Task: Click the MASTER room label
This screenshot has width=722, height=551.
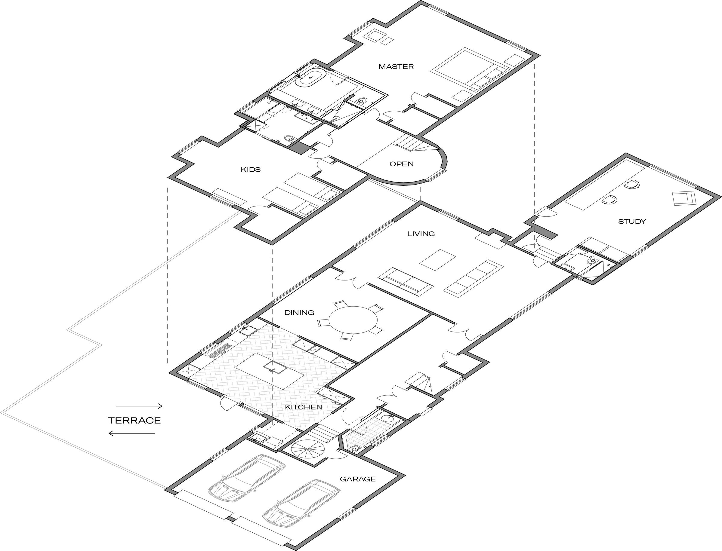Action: point(396,66)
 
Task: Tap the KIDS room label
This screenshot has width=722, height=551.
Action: point(251,170)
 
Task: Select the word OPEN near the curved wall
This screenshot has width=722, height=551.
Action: point(401,164)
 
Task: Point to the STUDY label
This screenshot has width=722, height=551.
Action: point(632,221)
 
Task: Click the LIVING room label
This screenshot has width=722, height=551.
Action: point(421,234)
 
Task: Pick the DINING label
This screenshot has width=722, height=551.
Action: point(299,313)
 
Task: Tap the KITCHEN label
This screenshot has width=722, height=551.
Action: point(304,407)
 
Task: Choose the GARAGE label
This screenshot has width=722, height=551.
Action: point(358,479)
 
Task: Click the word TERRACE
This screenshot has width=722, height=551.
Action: point(134,421)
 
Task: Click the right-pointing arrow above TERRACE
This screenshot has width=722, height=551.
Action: point(139,406)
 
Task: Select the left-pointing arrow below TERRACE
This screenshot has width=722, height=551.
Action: point(131,433)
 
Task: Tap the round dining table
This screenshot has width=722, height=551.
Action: point(353,320)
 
